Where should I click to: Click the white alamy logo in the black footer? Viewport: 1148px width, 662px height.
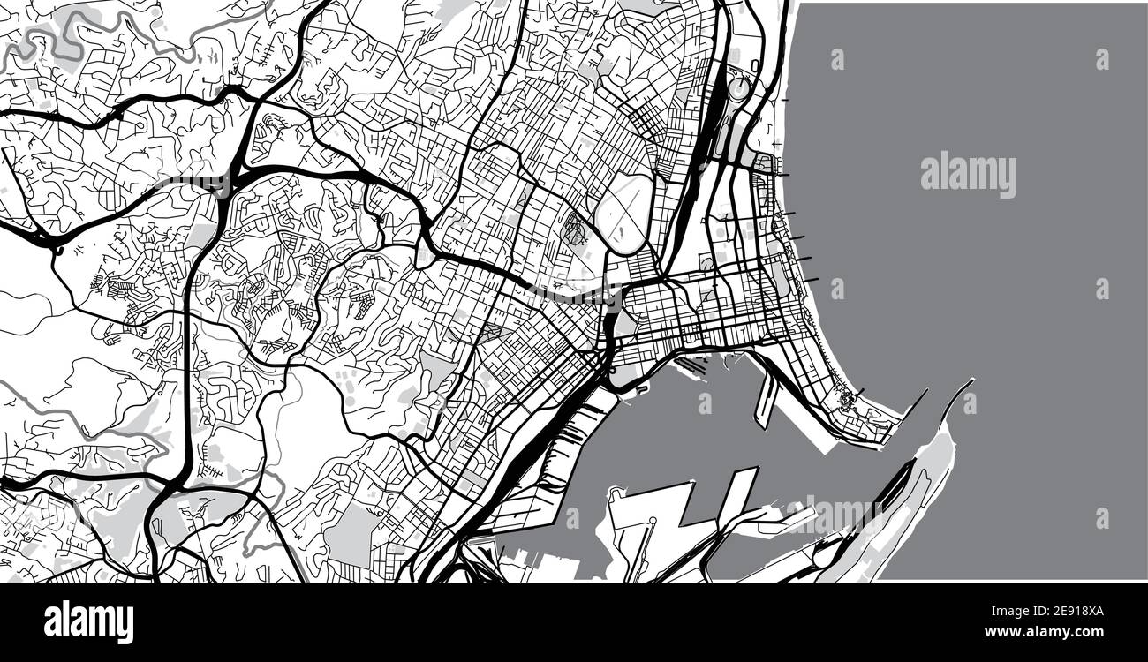click(x=88, y=621)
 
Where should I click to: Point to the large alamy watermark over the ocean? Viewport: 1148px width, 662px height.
click(x=968, y=175)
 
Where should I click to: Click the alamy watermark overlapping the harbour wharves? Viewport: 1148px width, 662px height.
click(x=835, y=514)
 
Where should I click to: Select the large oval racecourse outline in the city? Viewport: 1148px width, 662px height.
click(x=624, y=212)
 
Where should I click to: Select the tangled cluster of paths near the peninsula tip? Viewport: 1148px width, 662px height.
click(x=849, y=402)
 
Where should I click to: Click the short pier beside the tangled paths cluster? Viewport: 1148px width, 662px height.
click(x=859, y=392)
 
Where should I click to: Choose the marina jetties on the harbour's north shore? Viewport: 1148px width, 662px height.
click(x=693, y=364)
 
